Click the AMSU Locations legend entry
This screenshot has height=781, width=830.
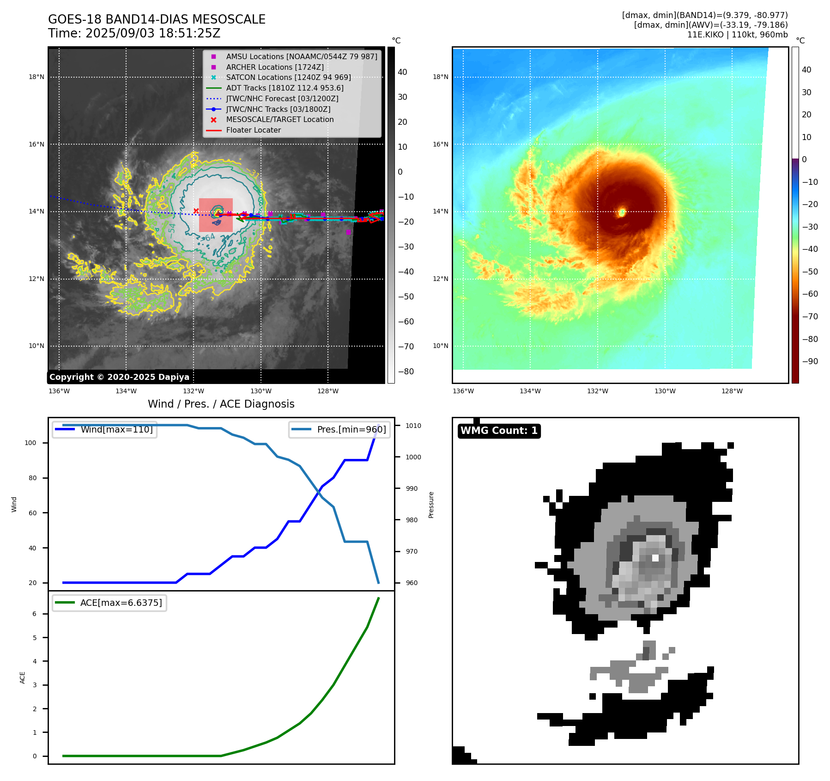(301, 56)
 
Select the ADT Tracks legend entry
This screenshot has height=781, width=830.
(285, 88)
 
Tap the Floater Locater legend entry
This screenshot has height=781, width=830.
(253, 130)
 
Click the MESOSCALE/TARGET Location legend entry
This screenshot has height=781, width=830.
(279, 119)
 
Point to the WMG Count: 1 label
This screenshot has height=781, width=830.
(499, 431)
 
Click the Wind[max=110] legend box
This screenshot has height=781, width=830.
(105, 429)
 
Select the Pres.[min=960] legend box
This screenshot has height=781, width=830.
(339, 429)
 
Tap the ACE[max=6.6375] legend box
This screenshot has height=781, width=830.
(110, 603)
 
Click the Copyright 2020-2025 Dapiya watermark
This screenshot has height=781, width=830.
(119, 377)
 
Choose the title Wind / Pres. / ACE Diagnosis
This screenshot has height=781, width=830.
(221, 404)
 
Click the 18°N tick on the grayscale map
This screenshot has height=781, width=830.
(36, 77)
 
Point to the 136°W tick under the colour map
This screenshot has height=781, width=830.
(463, 391)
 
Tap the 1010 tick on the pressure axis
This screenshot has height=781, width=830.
(413, 426)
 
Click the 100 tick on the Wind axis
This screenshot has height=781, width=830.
(30, 443)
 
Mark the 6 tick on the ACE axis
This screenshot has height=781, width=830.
(35, 614)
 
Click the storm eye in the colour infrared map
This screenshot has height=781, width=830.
(622, 212)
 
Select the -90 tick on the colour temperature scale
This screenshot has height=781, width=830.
(810, 361)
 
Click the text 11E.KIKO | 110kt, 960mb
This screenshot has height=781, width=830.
(737, 35)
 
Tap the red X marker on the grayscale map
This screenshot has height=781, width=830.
(196, 211)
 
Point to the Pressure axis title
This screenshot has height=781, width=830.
(431, 505)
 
